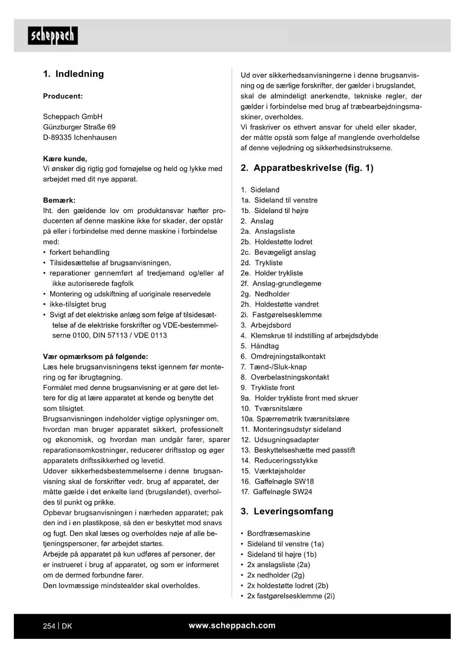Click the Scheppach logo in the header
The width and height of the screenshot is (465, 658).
tap(53, 36)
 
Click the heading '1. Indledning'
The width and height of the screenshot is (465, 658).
tap(73, 74)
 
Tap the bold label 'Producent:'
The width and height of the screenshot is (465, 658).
tap(63, 96)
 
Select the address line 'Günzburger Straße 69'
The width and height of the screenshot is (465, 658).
tap(79, 127)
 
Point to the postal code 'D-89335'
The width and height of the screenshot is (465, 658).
tap(57, 138)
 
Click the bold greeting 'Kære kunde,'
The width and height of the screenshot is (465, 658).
tap(65, 159)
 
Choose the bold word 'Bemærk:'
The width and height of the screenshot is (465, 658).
tap(59, 200)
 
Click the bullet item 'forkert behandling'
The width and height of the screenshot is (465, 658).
tap(79, 252)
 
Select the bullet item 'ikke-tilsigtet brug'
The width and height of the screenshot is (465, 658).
tap(78, 305)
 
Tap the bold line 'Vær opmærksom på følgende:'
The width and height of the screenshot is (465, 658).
tap(96, 357)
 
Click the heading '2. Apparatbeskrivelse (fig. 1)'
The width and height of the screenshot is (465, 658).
tap(307, 168)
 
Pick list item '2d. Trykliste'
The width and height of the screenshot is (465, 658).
tap(262, 263)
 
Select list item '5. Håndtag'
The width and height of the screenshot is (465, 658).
tap(260, 346)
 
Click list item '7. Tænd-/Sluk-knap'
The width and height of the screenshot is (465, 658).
tap(274, 367)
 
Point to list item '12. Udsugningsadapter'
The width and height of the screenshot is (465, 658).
tap(280, 440)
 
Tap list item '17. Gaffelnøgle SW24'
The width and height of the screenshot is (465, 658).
tap(277, 492)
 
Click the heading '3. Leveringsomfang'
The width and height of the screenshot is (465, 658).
tap(287, 511)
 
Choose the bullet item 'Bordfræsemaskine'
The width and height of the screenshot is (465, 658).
tap(278, 533)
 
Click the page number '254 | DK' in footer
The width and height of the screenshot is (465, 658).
tap(57, 626)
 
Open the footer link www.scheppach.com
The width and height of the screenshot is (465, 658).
tap(232, 626)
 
